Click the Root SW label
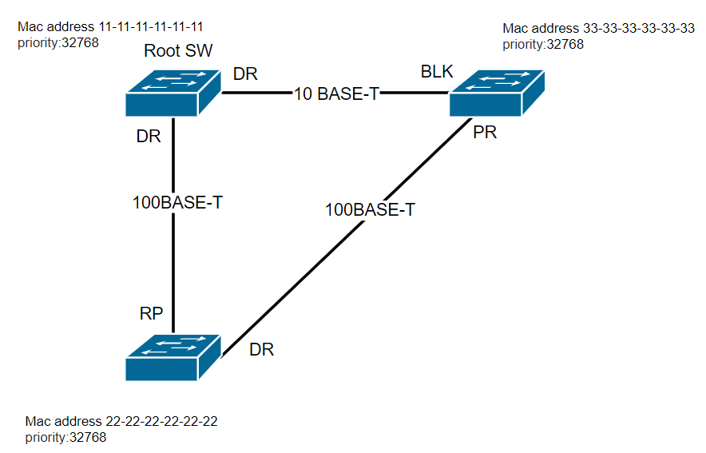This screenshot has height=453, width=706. click(x=178, y=50)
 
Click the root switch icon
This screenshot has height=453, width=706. click(x=173, y=93)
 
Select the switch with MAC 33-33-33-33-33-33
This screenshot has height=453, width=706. click(x=497, y=93)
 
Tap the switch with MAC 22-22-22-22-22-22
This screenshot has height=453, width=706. click(x=173, y=358)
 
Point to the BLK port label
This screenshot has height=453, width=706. click(x=437, y=72)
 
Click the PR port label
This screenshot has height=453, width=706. click(x=485, y=133)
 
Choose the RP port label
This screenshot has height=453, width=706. click(x=151, y=313)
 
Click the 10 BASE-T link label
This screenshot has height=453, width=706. click(x=336, y=93)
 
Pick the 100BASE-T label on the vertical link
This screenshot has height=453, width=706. click(x=177, y=203)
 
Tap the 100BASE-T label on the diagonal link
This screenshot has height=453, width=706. click(x=370, y=210)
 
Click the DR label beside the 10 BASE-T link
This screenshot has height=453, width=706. click(x=245, y=74)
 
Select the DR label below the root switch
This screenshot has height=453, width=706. click(x=149, y=136)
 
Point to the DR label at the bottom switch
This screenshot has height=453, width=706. click(x=262, y=349)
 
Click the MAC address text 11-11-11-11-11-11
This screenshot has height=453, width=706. click(x=151, y=26)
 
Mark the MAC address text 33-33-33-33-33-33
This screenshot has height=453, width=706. click(x=639, y=29)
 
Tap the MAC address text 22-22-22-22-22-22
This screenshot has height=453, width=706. click(x=161, y=422)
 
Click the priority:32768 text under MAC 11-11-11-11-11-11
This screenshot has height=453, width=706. click(x=58, y=43)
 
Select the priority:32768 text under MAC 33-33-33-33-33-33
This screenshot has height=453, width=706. click(x=543, y=45)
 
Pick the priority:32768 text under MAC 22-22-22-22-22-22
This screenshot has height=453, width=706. click(x=65, y=438)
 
